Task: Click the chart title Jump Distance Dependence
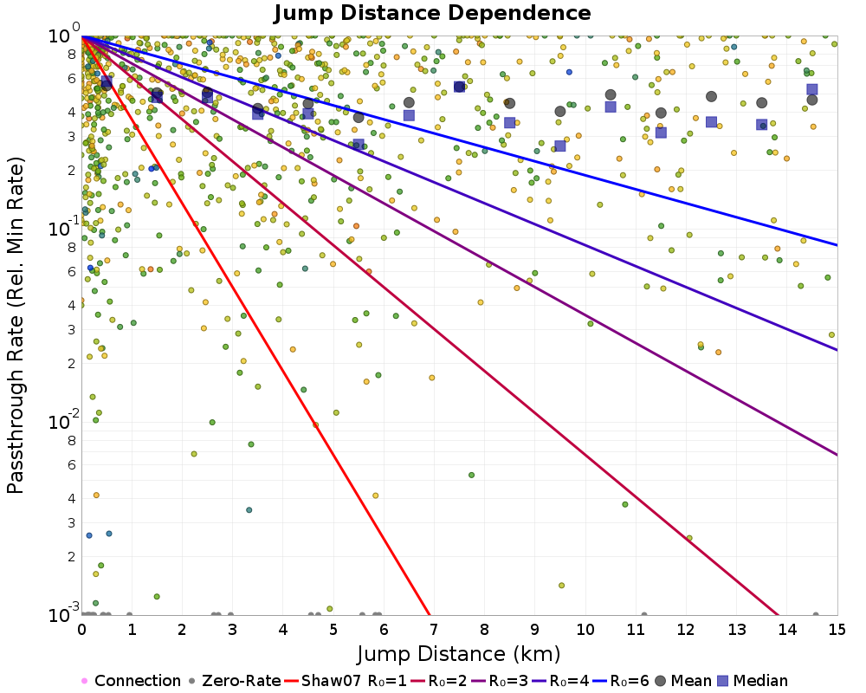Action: [x=432, y=13]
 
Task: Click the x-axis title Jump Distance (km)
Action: [x=458, y=654]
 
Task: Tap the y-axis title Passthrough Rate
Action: [x=16, y=326]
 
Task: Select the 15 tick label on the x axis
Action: [x=837, y=630]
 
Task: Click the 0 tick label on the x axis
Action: [x=81, y=630]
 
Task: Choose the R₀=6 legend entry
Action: [x=621, y=681]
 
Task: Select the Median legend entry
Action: [x=753, y=681]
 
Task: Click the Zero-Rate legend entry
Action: [x=235, y=681]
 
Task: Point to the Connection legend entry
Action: [x=131, y=681]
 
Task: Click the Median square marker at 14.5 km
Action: [x=812, y=89]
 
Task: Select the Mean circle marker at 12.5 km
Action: [x=711, y=96]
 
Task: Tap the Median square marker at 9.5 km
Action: [x=560, y=146]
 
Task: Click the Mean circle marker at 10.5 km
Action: [x=611, y=95]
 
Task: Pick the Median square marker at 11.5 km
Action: [x=661, y=133]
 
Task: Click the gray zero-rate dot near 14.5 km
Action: [x=815, y=615]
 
